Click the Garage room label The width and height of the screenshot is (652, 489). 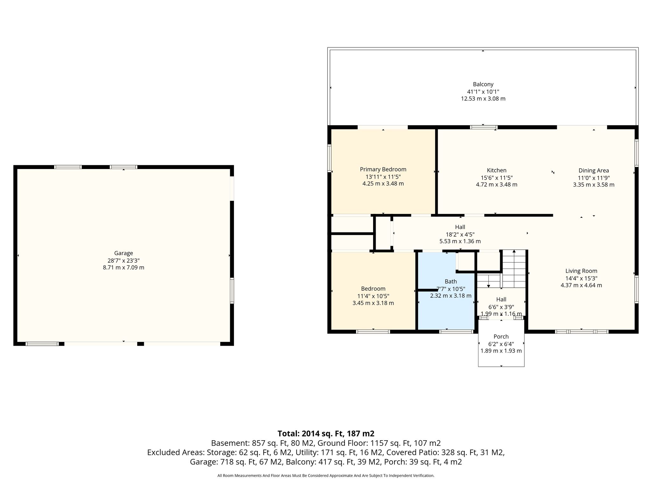click(x=124, y=253)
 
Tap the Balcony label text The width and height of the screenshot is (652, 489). click(x=483, y=84)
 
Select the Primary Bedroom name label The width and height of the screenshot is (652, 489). click(x=383, y=169)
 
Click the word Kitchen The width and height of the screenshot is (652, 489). click(x=496, y=170)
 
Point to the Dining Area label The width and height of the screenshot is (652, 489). click(x=593, y=170)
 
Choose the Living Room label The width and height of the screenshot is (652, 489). click(x=581, y=271)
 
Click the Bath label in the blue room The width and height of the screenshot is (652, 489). click(x=450, y=281)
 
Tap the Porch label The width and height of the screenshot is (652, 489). click(x=501, y=337)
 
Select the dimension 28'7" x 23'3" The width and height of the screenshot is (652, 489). click(x=124, y=260)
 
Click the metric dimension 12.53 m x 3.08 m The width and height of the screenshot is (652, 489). click(x=483, y=99)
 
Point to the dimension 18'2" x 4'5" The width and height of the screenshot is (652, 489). click(x=460, y=234)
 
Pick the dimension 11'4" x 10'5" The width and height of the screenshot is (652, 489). click(x=373, y=296)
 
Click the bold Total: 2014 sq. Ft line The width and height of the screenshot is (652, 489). click(x=326, y=434)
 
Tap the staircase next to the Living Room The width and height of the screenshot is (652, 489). click(x=514, y=269)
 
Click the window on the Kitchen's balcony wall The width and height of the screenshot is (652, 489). click(x=484, y=127)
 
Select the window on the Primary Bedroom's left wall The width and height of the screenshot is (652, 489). click(x=330, y=159)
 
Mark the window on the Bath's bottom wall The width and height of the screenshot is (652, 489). click(x=456, y=331)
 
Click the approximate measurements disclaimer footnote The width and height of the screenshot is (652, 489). click(x=326, y=476)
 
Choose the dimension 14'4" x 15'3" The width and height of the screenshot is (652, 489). click(x=581, y=278)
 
